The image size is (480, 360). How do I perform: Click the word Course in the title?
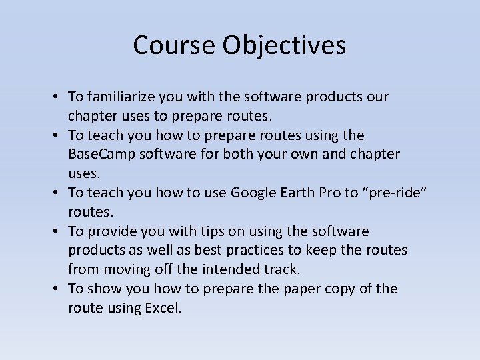(x=174, y=45)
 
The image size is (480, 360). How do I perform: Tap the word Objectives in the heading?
(x=285, y=45)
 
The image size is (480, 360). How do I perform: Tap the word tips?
(x=209, y=231)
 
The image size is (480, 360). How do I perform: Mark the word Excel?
(x=163, y=309)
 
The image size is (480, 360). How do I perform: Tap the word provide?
(x=109, y=231)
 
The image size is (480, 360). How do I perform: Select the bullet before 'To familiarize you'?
(x=59, y=97)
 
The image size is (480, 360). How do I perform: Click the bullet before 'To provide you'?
(x=59, y=231)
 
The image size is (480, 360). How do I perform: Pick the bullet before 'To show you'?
(x=59, y=289)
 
